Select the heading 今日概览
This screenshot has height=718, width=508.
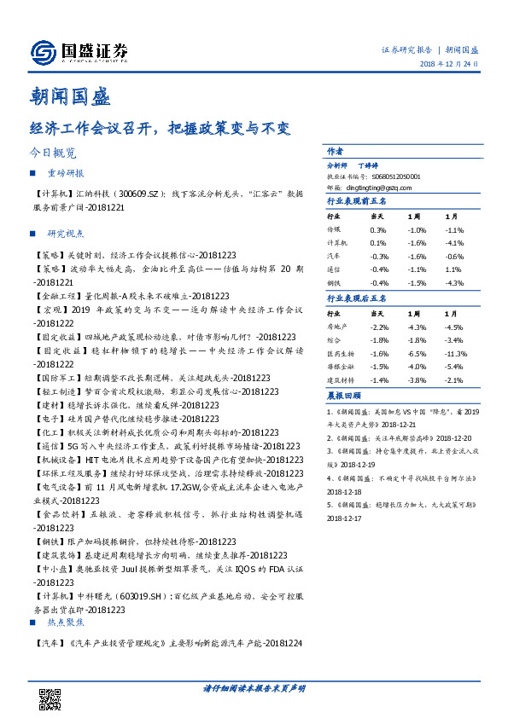coord(53,153)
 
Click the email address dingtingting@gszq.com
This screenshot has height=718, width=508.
coord(381,188)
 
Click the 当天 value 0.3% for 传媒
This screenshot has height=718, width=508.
coord(378,230)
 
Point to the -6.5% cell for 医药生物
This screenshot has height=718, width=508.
coord(417,353)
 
